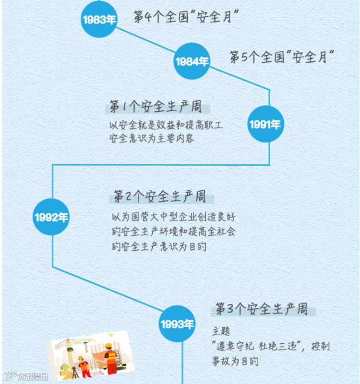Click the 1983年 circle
99,19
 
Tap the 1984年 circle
192,61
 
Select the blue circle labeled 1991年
264,124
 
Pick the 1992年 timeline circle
51,217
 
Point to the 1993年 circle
178,324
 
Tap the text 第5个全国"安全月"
282,58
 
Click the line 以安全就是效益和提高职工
166,126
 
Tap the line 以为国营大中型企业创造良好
173,217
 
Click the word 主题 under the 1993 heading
221,331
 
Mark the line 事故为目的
235,361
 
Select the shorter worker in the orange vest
84,368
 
